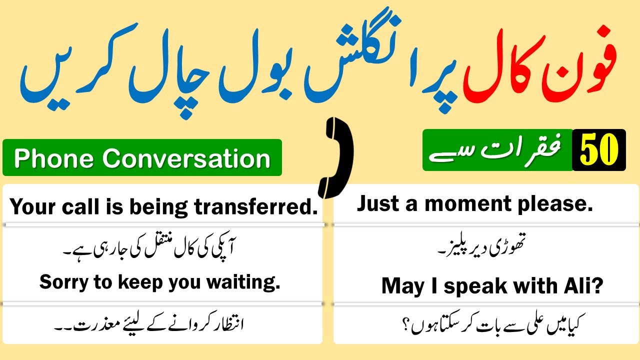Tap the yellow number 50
pos(599,150)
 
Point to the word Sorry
pos(62,282)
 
